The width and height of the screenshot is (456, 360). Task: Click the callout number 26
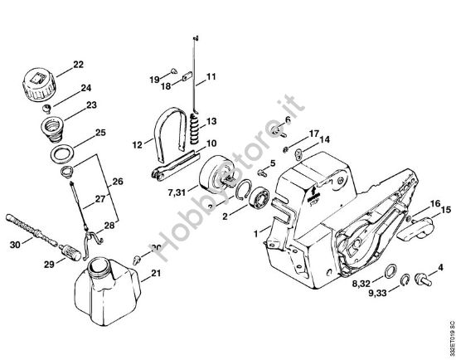tap(117, 182)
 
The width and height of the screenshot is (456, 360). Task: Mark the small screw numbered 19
tap(169, 72)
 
